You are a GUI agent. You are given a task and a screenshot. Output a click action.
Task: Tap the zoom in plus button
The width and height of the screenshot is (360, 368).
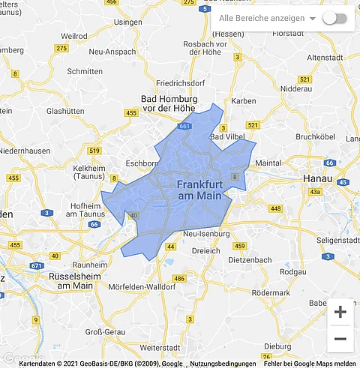(340, 312)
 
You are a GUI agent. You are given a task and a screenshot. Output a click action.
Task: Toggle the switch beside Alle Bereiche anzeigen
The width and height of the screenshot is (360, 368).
(334, 18)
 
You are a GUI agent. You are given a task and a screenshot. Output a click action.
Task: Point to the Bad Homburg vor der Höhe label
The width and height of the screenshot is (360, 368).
(169, 104)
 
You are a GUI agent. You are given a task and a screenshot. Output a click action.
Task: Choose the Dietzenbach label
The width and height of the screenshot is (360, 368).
(248, 260)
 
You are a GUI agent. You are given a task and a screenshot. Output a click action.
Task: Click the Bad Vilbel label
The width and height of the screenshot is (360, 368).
(227, 137)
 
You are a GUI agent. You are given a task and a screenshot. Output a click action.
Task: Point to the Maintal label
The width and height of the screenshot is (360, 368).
(268, 162)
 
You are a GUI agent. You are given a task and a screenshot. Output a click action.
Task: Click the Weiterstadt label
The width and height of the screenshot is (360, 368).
(162, 348)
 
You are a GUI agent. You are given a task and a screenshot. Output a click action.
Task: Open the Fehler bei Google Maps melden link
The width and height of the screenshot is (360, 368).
(310, 364)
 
